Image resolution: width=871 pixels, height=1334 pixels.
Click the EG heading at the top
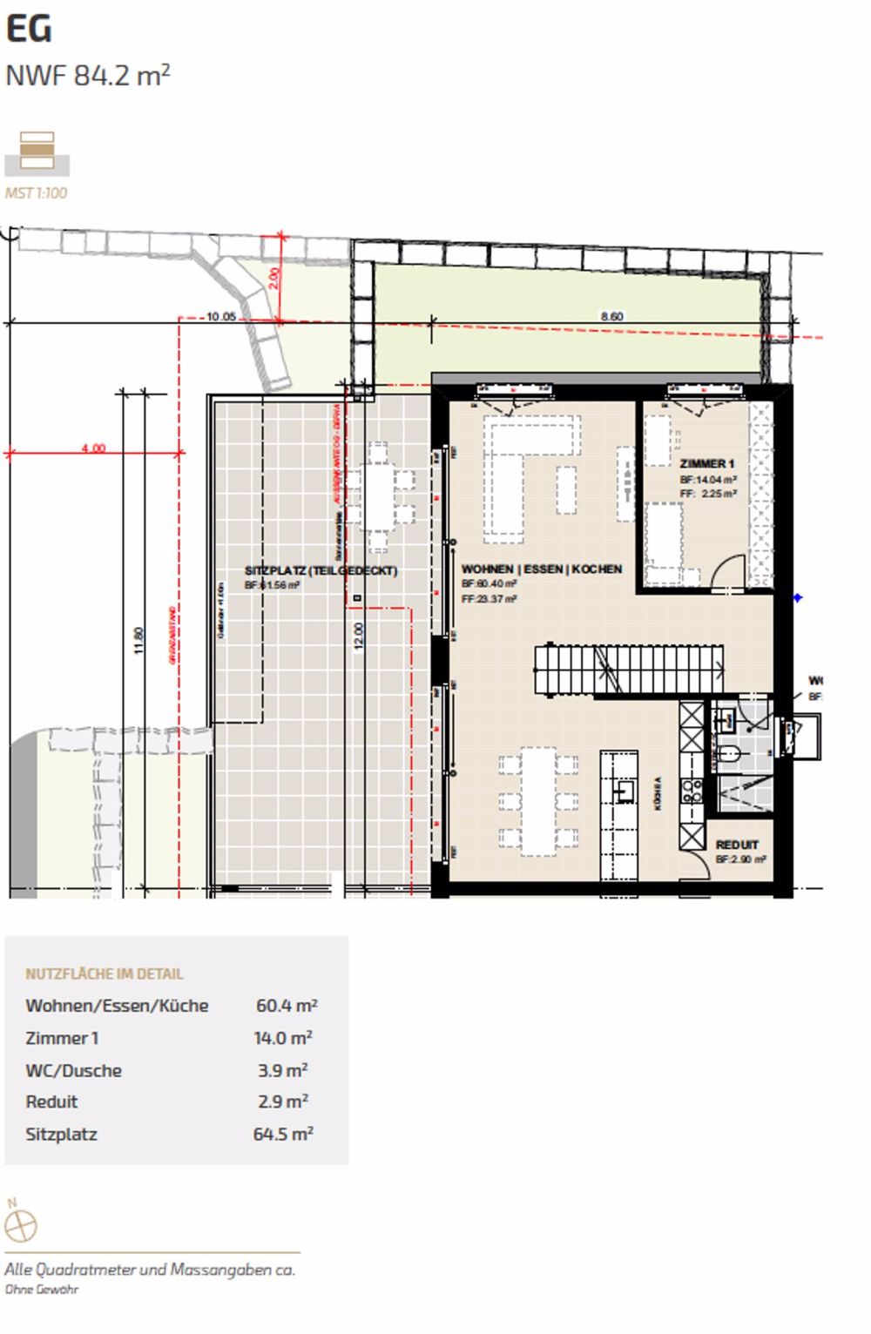coord(29,29)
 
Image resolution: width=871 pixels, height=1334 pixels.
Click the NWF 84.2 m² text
coord(87,76)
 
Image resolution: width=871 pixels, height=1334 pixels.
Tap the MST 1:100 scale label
coord(36,193)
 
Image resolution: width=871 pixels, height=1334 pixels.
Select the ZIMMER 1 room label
coord(706,464)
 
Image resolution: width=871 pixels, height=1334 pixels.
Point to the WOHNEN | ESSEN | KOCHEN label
coord(541,569)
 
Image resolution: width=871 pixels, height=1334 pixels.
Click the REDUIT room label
coord(737,845)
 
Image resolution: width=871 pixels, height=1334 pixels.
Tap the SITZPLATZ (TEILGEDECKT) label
coord(321,571)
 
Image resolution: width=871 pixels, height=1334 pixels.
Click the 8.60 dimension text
coord(611,317)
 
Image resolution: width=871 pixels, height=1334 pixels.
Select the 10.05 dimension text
coord(221,317)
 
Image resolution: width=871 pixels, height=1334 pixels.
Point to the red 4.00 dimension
coord(93,448)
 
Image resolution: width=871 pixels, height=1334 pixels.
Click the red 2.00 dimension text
coord(273,278)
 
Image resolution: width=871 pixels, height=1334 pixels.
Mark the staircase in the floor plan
coord(629,669)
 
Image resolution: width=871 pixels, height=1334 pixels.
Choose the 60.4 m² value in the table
coord(286,1006)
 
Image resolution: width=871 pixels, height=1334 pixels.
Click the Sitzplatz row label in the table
coord(61,1135)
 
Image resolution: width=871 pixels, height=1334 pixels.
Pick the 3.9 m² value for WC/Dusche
coord(283,1070)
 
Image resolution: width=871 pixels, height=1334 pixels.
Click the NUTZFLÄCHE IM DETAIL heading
coord(105,974)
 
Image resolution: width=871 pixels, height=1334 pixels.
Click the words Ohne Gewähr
coord(42,1290)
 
